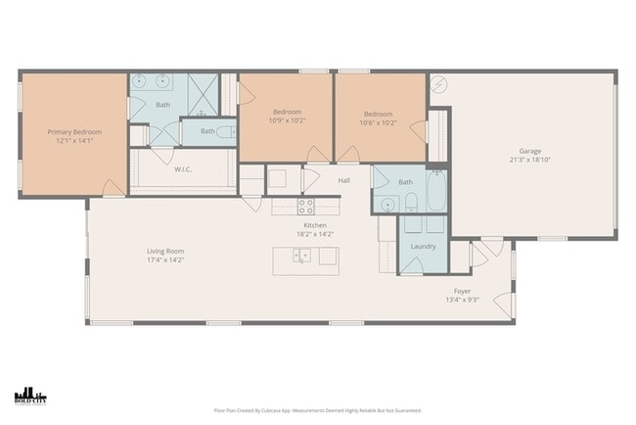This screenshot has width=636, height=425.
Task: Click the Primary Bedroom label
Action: pyautogui.click(x=74, y=131)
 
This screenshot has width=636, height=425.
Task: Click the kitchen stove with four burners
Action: pyautogui.click(x=305, y=206)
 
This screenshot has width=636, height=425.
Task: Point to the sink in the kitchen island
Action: pyautogui.click(x=304, y=257)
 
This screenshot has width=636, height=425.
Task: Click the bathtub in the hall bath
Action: pyautogui.click(x=436, y=200)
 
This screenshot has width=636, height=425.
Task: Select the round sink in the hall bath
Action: pyautogui.click(x=387, y=204)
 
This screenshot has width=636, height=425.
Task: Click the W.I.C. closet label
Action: pyautogui.click(x=182, y=168)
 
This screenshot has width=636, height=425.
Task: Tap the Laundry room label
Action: pyautogui.click(x=424, y=246)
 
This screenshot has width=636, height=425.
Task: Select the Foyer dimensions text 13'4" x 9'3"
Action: pyautogui.click(x=461, y=301)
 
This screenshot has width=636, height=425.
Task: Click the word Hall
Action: pyautogui.click(x=343, y=180)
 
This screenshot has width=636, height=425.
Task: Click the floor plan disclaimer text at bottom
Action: pyautogui.click(x=318, y=411)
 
